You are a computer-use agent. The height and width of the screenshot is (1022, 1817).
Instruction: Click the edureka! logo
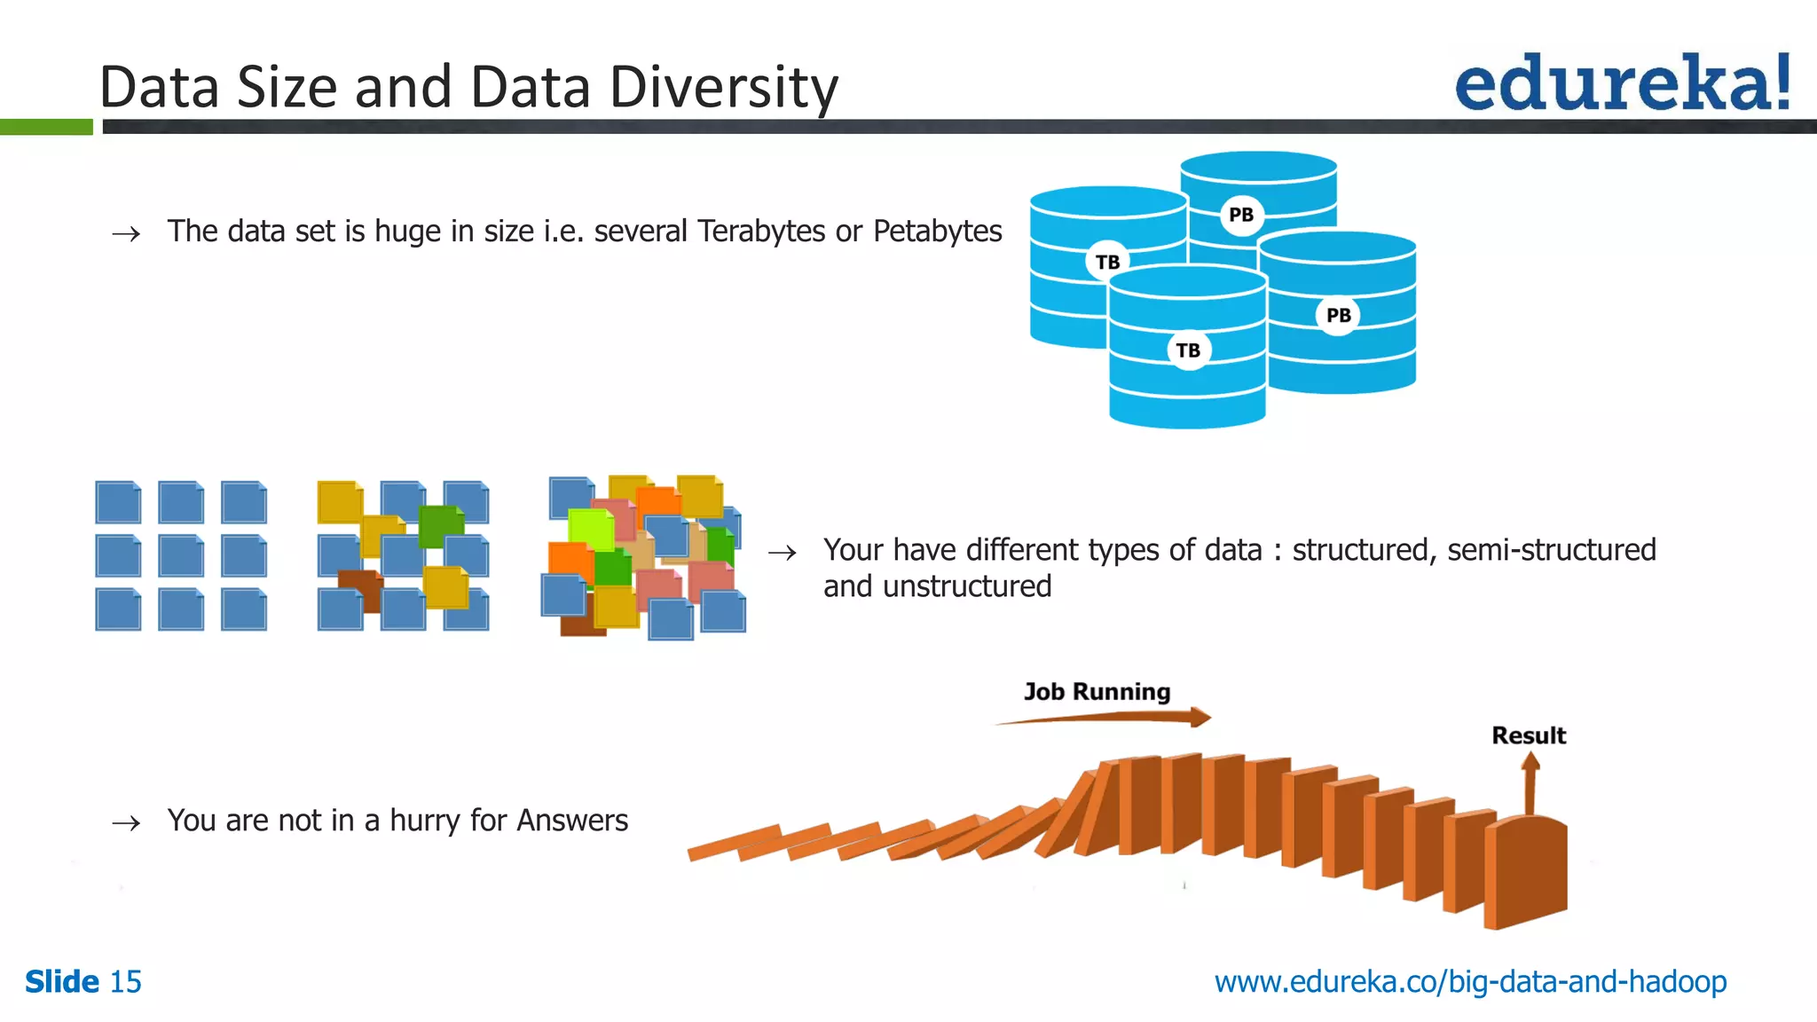(x=1622, y=83)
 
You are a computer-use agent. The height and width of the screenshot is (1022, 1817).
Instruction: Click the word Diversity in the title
(x=723, y=89)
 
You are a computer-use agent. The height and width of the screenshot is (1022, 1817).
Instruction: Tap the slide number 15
(x=125, y=982)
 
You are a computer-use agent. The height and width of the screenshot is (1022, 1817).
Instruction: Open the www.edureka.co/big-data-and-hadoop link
(x=1470, y=982)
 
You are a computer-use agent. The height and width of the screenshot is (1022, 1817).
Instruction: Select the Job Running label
(x=1097, y=692)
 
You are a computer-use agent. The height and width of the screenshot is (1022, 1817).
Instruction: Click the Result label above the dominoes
(x=1528, y=735)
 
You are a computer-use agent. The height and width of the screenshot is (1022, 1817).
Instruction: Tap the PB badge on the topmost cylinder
(x=1241, y=215)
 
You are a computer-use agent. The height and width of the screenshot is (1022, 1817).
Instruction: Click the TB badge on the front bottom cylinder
(x=1188, y=350)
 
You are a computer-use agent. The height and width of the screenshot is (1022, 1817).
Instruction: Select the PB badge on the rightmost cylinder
(x=1338, y=315)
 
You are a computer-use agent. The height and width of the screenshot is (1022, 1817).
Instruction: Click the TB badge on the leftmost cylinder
(x=1107, y=262)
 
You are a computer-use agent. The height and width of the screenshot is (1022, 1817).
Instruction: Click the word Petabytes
(x=937, y=232)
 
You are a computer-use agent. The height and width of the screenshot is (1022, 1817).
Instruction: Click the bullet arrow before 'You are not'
(x=126, y=823)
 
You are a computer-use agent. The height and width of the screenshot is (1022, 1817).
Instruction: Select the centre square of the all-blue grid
(x=181, y=556)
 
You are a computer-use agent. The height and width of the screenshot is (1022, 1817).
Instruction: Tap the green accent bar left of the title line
(x=46, y=127)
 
